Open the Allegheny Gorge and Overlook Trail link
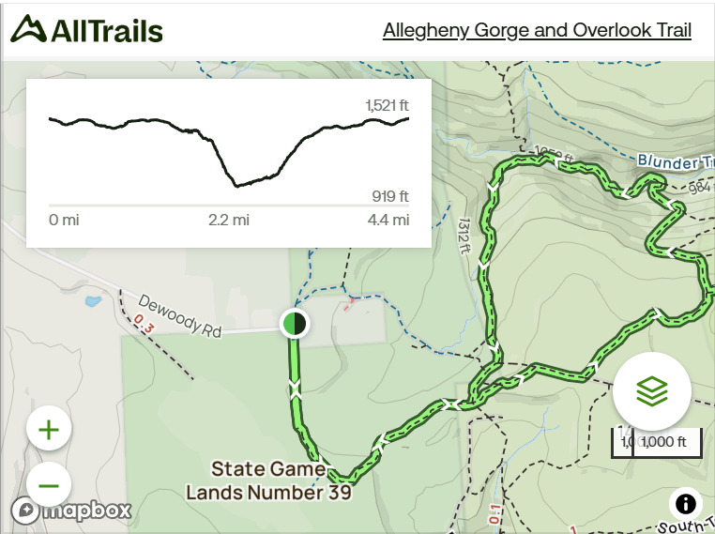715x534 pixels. [537, 30]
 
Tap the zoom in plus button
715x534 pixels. [49, 430]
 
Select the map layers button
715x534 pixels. [651, 391]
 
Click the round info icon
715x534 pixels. [686, 504]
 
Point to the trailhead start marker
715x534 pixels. [295, 324]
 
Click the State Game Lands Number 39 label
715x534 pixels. [268, 480]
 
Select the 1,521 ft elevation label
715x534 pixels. [387, 104]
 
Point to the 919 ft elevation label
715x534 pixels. [390, 196]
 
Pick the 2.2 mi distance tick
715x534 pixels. [229, 221]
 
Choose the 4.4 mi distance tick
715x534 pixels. [388, 221]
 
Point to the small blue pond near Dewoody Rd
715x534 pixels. [93, 302]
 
